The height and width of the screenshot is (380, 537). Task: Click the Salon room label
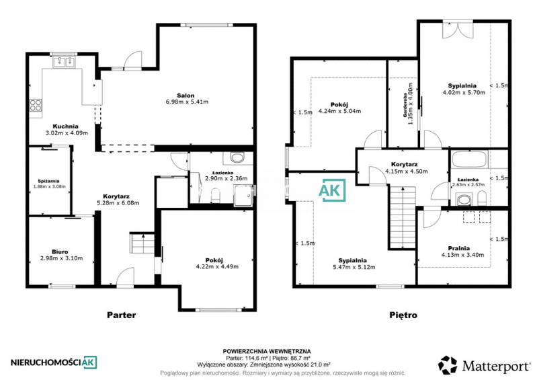click(185, 96)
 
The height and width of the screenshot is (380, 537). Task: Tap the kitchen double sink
click(64, 62)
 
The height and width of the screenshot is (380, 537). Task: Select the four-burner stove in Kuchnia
click(35, 105)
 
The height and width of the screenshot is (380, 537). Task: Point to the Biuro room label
click(60, 252)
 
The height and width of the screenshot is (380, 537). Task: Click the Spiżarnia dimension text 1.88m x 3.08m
click(49, 187)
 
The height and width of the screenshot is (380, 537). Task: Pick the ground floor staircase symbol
click(142, 243)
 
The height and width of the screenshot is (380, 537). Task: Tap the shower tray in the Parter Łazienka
click(243, 196)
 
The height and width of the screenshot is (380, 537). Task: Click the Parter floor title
click(121, 315)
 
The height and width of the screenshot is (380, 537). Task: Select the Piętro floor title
click(403, 315)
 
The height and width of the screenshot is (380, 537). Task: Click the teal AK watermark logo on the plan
click(332, 190)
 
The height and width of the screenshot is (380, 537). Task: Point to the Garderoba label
click(405, 105)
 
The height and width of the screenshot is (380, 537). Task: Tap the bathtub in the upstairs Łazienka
click(469, 159)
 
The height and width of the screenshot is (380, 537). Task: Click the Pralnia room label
click(458, 248)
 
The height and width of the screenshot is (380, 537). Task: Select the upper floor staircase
click(403, 217)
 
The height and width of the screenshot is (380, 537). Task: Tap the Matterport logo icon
click(448, 365)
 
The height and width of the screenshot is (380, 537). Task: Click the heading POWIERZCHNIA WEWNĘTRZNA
click(267, 351)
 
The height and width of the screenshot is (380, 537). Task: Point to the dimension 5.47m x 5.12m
click(354, 267)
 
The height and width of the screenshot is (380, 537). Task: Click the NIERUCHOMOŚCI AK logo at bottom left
click(54, 363)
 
